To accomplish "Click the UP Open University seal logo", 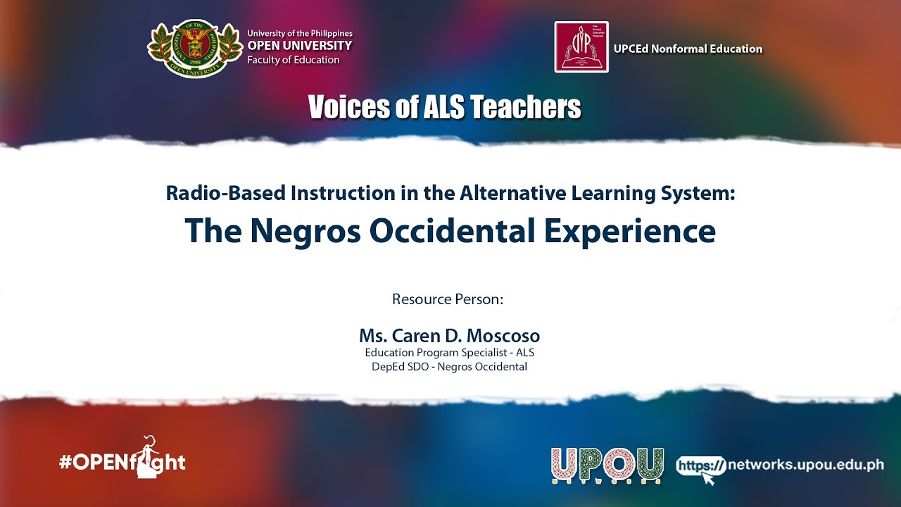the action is pyautogui.click(x=195, y=49).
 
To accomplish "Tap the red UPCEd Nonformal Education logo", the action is pyautogui.click(x=581, y=47).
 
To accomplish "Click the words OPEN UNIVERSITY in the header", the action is pyautogui.click(x=300, y=46).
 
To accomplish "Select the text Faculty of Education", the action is pyautogui.click(x=294, y=60).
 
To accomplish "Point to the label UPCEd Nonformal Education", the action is pyautogui.click(x=688, y=49).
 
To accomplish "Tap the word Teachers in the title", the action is pyautogui.click(x=525, y=107).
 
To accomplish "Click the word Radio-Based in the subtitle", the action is pyautogui.click(x=227, y=193).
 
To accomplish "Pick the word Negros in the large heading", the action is pyautogui.click(x=305, y=231).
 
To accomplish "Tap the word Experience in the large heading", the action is pyautogui.click(x=630, y=231).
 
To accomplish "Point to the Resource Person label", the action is pyautogui.click(x=448, y=299).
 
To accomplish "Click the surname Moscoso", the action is pyautogui.click(x=503, y=336).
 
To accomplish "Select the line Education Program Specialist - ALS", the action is pyautogui.click(x=449, y=353).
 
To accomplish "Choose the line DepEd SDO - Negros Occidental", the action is pyautogui.click(x=449, y=367).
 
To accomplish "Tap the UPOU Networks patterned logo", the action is pyautogui.click(x=607, y=465).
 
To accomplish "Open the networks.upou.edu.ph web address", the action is pyautogui.click(x=806, y=465).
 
